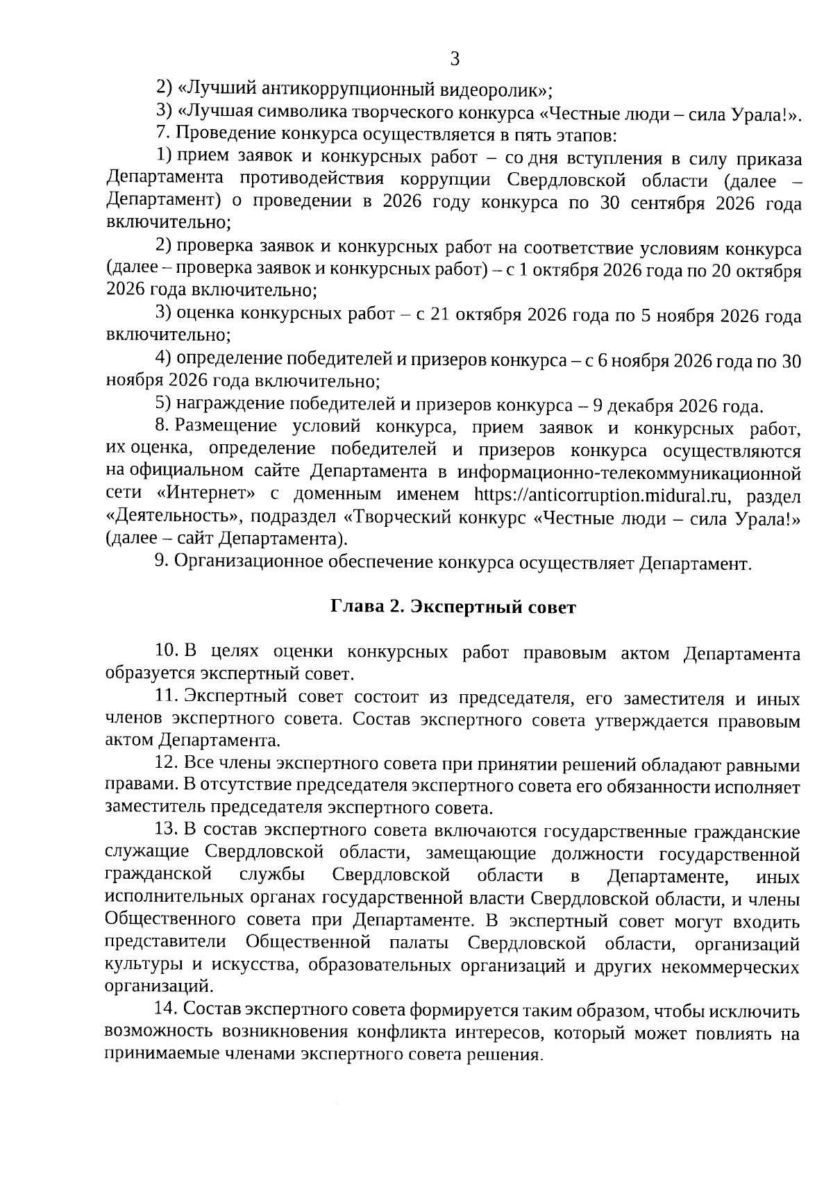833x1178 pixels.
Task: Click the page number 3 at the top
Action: click(x=455, y=59)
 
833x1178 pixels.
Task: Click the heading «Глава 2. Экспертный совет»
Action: click(x=453, y=608)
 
